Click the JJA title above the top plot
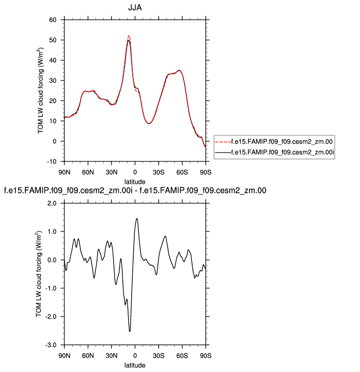[x=135, y=8]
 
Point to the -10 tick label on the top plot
[x=51, y=161]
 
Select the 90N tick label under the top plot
[x=64, y=172]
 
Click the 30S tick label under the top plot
[x=159, y=172]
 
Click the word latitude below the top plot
[x=135, y=181]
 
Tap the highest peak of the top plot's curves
[x=129, y=36]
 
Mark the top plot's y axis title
[x=41, y=90]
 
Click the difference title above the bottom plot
[x=135, y=191]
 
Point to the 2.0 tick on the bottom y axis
[x=51, y=203]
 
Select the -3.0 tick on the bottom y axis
[x=50, y=345]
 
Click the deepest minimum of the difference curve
[x=130, y=331]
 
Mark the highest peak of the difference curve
[x=136, y=218]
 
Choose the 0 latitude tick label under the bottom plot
[x=135, y=355]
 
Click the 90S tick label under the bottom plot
[x=206, y=355]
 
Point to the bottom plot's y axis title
[x=38, y=274]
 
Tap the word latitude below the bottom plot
[x=135, y=365]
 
